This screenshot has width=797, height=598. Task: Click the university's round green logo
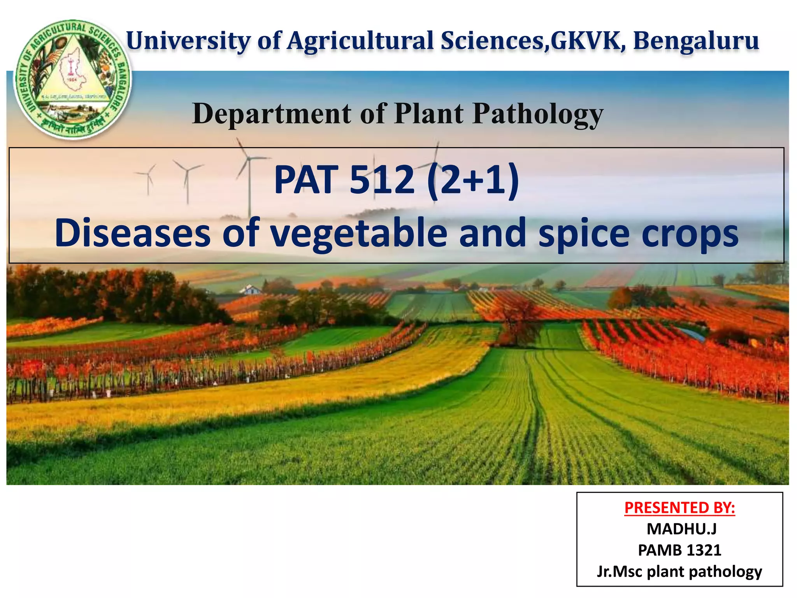tap(73, 79)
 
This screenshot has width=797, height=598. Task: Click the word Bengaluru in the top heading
tap(696, 40)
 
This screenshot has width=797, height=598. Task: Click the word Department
tap(272, 114)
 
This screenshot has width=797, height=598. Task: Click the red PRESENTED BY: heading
tap(679, 508)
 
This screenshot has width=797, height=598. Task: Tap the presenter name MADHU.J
tap(681, 529)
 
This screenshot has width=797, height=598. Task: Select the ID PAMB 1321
tap(679, 550)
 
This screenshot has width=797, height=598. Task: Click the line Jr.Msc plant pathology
tap(679, 572)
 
